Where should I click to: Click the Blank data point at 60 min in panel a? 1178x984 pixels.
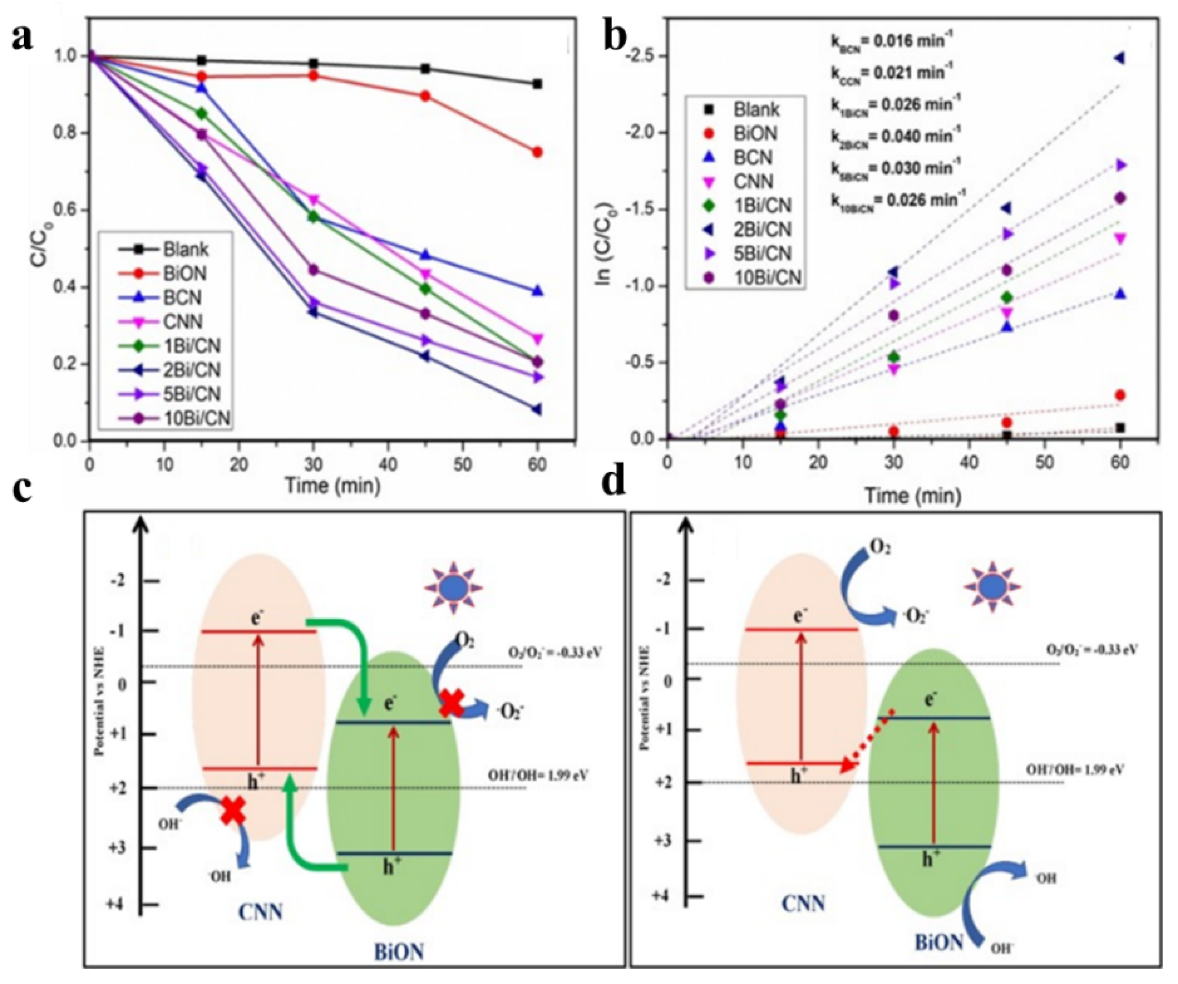[537, 84]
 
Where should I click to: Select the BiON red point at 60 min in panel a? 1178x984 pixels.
[537, 152]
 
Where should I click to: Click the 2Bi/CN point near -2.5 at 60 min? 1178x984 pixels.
[1120, 58]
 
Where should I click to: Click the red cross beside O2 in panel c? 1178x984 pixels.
[450, 704]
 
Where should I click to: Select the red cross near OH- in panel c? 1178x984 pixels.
[234, 811]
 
